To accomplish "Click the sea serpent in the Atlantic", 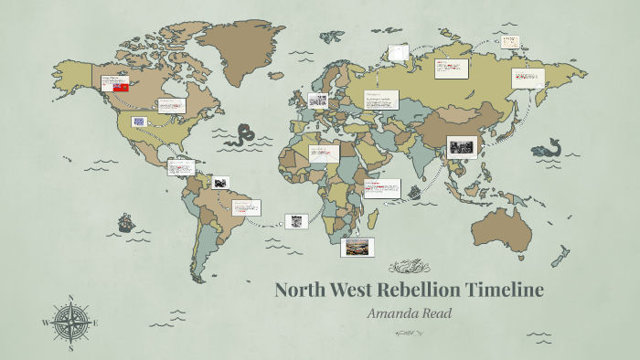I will tap(242, 135).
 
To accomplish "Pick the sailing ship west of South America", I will tap(125, 222).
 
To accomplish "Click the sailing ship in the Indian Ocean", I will tap(413, 194).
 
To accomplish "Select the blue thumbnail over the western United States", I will tap(139, 122).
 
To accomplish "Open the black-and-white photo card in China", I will tap(462, 148).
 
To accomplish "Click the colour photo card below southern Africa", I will tap(356, 247).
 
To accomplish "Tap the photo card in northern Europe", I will tap(318, 101).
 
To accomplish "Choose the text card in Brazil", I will tap(245, 207).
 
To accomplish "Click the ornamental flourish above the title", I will tap(409, 267).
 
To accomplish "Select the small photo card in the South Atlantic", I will tap(295, 220).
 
